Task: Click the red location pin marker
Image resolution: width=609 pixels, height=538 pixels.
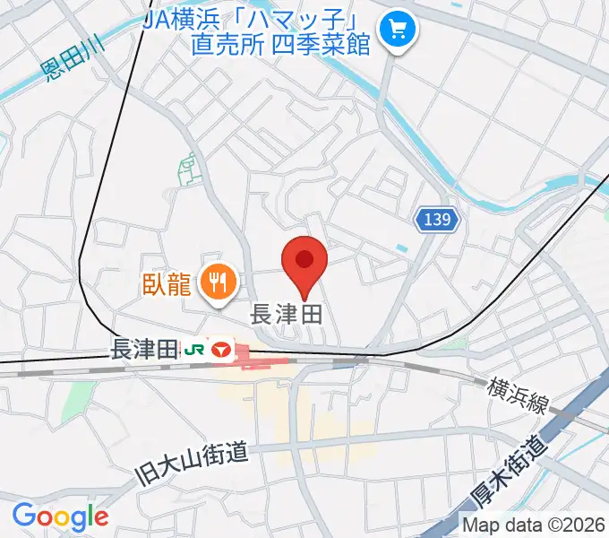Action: click(x=304, y=263)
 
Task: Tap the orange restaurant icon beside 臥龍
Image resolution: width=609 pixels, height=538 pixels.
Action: click(x=217, y=284)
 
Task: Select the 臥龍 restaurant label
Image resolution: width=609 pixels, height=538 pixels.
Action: click(x=167, y=285)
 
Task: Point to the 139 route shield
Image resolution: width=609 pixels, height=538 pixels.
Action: click(x=437, y=220)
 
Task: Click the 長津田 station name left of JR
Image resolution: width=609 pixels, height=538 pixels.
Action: click(x=143, y=350)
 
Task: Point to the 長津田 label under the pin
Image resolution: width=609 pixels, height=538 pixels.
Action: click(x=285, y=315)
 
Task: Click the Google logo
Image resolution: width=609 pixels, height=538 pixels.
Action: click(x=60, y=516)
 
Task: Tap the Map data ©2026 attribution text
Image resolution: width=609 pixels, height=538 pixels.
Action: click(x=533, y=525)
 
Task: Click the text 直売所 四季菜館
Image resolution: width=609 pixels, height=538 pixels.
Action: click(x=280, y=45)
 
